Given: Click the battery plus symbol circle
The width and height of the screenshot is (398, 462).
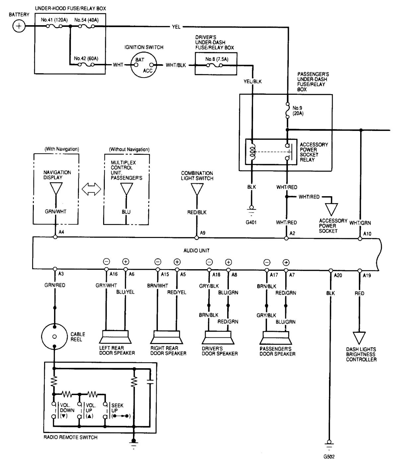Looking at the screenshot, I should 19,26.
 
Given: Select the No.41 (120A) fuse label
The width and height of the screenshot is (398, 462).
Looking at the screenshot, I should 54,20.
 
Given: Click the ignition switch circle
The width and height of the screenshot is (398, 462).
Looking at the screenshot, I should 144,65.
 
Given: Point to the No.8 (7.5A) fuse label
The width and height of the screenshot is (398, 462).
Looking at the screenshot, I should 217,59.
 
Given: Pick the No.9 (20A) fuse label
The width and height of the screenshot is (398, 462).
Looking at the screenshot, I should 298,111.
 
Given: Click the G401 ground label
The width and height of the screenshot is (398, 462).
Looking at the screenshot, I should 251,222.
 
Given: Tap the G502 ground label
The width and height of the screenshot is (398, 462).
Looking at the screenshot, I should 329,456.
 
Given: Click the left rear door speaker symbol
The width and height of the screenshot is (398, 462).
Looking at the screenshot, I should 114,337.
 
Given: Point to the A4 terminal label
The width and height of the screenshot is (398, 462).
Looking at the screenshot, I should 61,233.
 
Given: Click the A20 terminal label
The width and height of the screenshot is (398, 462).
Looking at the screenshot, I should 338,274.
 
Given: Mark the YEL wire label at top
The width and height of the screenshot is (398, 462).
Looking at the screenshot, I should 176,27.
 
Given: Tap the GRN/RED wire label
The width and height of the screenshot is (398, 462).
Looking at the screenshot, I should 55,285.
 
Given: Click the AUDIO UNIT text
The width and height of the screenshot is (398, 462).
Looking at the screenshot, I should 196,251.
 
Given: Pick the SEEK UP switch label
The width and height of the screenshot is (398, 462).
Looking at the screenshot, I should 117,408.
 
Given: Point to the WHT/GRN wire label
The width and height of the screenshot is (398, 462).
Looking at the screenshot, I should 360,223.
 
